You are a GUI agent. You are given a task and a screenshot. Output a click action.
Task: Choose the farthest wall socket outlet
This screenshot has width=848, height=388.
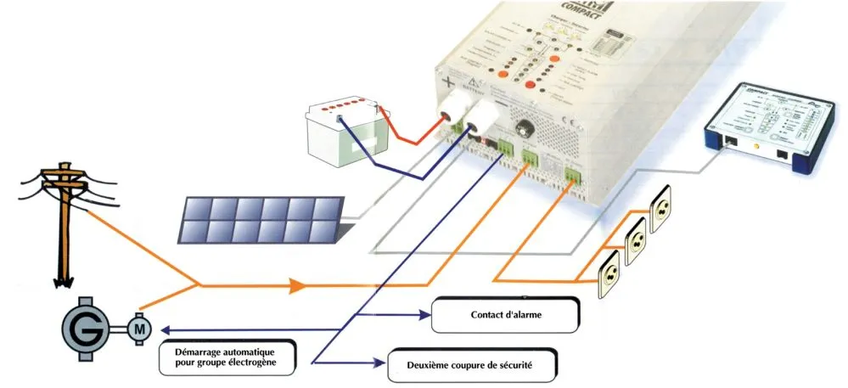point(663,212)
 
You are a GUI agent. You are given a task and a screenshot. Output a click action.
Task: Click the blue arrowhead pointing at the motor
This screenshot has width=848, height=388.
point(167,329)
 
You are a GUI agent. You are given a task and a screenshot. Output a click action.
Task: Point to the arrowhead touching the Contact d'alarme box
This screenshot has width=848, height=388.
point(426,314)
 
